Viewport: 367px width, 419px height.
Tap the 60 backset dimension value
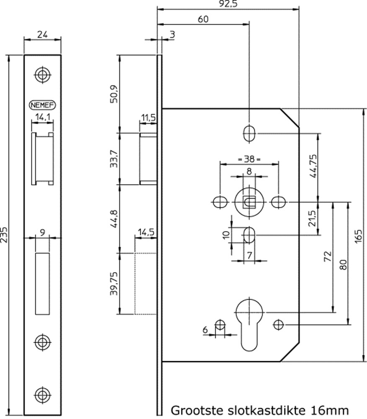pos(203,19)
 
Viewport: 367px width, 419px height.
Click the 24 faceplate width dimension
pos(42,35)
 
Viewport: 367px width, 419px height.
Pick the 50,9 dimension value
pos(114,93)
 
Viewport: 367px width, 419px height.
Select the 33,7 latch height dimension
pos(114,158)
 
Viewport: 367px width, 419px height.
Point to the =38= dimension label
pos(249,159)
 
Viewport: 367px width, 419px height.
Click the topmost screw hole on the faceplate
pos(42,74)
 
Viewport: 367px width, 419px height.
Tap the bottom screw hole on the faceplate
pos(42,394)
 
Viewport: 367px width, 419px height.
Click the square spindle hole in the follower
pos(249,202)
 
